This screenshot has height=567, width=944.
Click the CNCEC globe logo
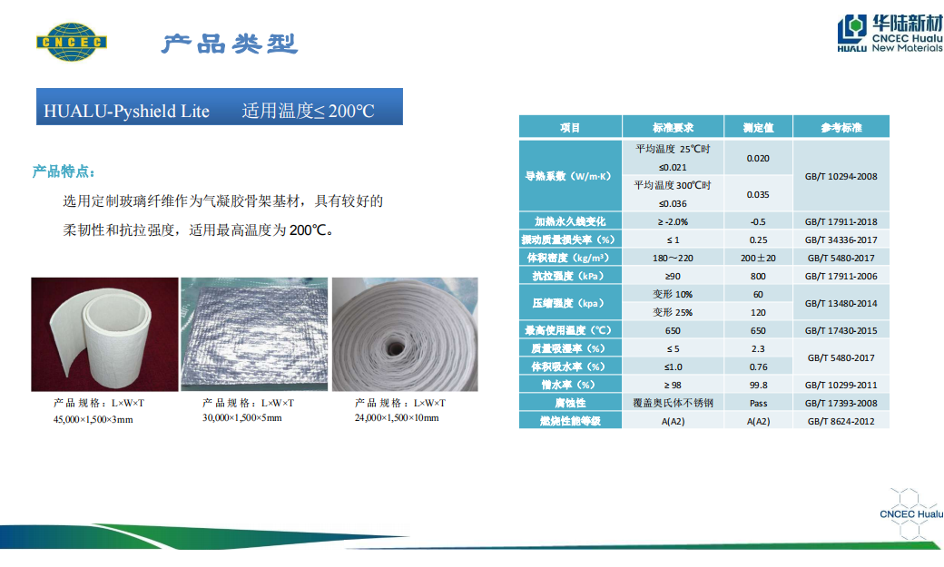(x=72, y=42)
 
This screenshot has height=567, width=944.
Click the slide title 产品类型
(x=230, y=44)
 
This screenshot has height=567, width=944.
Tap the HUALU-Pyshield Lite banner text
(x=126, y=111)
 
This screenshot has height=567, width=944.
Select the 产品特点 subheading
(x=64, y=171)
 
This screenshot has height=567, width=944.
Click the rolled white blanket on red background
(x=104, y=334)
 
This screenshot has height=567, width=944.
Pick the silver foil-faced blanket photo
(x=254, y=334)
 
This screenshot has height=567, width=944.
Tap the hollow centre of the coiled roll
(x=395, y=347)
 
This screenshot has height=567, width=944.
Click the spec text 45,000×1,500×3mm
(x=93, y=419)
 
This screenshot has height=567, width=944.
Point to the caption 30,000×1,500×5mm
(x=242, y=417)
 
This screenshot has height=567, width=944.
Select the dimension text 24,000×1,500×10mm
(x=397, y=417)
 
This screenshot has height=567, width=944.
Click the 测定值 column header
(x=759, y=127)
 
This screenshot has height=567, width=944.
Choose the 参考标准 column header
(x=841, y=127)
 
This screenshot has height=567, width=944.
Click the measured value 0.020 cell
(x=758, y=158)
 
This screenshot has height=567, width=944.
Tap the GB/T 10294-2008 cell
(x=841, y=176)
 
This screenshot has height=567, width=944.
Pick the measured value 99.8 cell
(x=758, y=385)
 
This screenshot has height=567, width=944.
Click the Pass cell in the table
(x=758, y=403)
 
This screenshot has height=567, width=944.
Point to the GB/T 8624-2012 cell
(x=841, y=421)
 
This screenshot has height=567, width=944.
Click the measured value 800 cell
(x=758, y=276)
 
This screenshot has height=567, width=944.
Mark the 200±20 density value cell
(x=758, y=258)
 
